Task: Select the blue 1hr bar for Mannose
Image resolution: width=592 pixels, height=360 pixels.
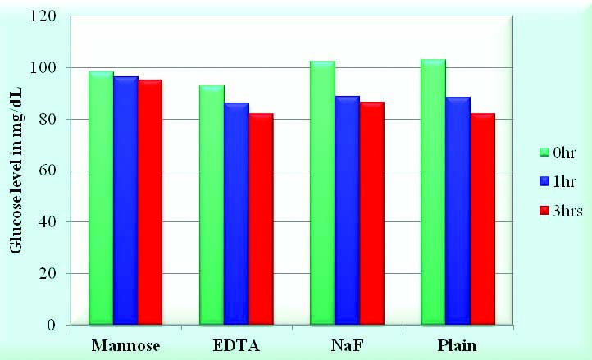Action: pos(125,200)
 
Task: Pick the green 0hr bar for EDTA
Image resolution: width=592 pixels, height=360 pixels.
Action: pos(212,204)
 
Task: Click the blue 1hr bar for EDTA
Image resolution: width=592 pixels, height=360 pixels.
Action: pos(236,213)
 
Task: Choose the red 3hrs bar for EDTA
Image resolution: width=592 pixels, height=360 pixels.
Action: pos(260,218)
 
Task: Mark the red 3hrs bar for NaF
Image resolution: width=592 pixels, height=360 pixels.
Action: pos(371,212)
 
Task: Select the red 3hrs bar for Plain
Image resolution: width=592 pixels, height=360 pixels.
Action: pos(481,218)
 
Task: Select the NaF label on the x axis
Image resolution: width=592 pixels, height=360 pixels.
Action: pos(347,345)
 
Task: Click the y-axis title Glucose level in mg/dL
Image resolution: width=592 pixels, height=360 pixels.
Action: pos(16,171)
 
